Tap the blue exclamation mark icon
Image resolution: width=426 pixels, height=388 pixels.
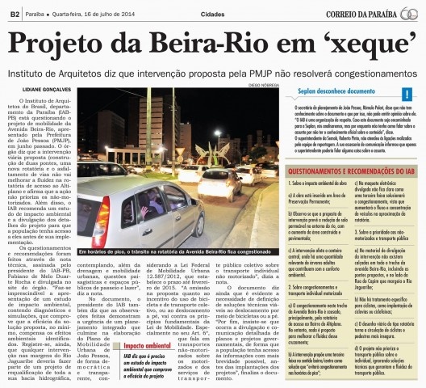(x=406, y=95)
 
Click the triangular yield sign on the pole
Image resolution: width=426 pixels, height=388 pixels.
(x=219, y=139)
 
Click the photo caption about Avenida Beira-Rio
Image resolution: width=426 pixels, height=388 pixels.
(x=170, y=252)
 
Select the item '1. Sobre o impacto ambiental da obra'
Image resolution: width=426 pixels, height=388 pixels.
(x=311, y=185)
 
